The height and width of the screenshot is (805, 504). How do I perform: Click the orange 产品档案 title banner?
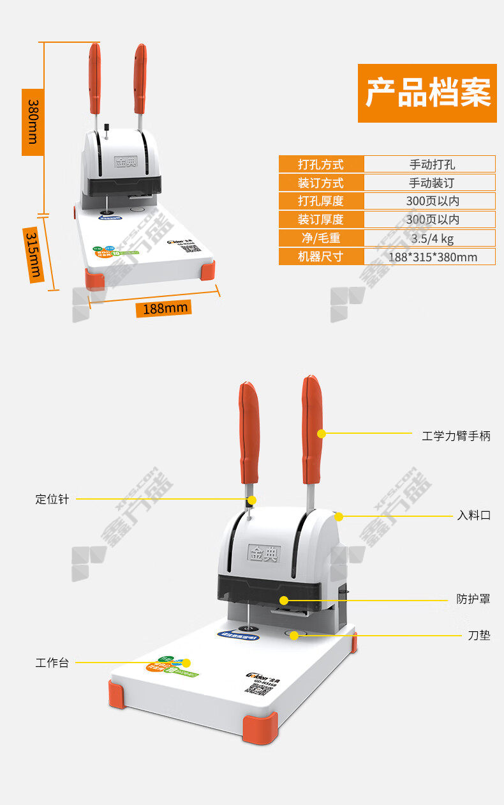[x=427, y=93]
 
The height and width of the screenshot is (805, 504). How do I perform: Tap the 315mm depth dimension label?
[x=33, y=255]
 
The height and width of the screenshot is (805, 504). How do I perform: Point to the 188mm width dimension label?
[x=164, y=309]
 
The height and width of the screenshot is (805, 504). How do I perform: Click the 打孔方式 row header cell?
[x=321, y=164]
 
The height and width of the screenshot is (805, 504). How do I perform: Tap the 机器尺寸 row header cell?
[x=321, y=257]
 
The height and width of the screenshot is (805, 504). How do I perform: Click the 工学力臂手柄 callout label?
[x=456, y=436]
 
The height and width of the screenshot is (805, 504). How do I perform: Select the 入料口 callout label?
[x=473, y=516]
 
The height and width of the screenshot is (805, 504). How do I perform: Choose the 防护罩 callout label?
[x=473, y=599]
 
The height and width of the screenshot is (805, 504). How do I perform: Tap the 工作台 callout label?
[x=52, y=663]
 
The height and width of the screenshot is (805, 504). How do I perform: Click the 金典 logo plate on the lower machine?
[x=263, y=552]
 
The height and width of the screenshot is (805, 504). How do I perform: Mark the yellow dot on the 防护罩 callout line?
[x=284, y=601]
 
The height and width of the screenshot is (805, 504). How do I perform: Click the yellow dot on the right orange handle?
[x=322, y=434]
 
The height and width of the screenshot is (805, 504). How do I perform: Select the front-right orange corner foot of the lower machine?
[x=260, y=728]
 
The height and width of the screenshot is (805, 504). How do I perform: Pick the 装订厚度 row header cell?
[x=321, y=220]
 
